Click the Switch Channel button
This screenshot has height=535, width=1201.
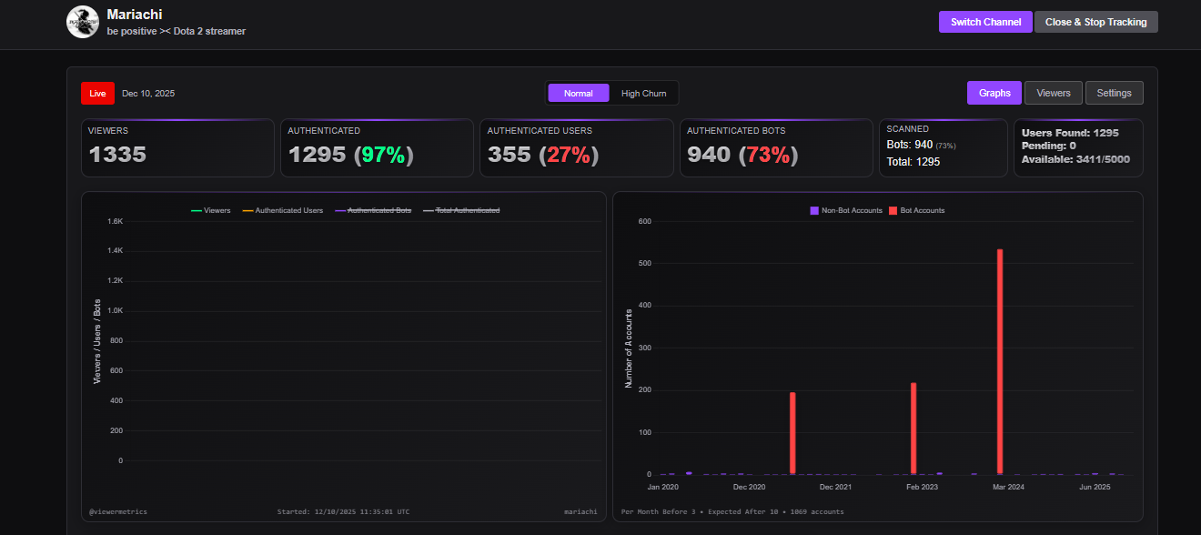[985, 22]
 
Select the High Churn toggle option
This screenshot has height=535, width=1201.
[643, 93]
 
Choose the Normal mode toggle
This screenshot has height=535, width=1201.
[578, 93]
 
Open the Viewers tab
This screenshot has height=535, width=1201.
[1054, 93]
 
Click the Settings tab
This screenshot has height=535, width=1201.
[1114, 93]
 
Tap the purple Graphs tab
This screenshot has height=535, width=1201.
[994, 93]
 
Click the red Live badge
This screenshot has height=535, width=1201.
[97, 93]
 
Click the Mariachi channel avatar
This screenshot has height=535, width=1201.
[83, 22]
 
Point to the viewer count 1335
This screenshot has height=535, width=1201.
[117, 155]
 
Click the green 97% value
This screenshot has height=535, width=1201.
[383, 155]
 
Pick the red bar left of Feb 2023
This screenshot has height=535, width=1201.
[913, 428]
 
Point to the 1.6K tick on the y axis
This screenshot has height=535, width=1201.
[116, 221]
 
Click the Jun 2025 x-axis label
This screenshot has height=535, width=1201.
[1095, 487]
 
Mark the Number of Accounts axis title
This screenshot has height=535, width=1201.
[629, 348]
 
